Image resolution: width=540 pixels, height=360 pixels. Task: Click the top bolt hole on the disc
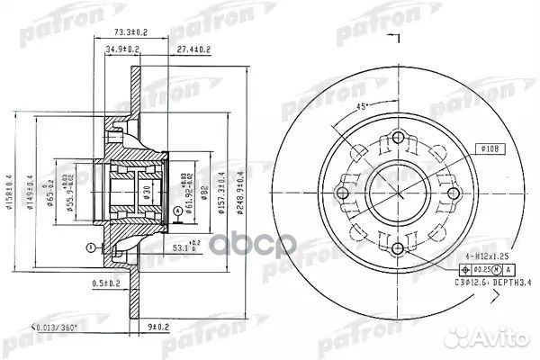tap(397, 138)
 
